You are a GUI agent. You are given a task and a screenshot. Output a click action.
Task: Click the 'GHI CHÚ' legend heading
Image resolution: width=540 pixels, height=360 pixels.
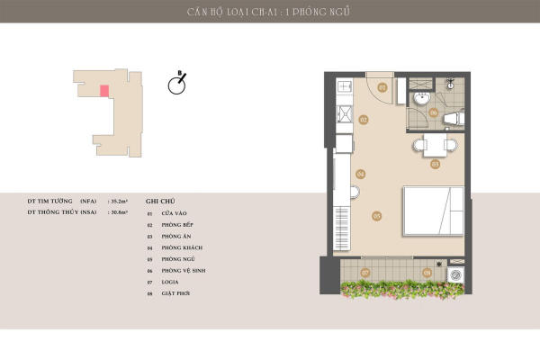coord(158,202)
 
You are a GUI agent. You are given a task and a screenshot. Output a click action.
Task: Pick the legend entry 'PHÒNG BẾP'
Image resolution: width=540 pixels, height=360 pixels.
coord(175,224)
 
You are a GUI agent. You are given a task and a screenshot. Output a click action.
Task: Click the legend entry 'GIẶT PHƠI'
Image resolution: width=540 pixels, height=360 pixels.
coord(175,293)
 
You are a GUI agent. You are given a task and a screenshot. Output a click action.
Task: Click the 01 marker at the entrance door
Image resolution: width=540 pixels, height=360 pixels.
coord(382,87)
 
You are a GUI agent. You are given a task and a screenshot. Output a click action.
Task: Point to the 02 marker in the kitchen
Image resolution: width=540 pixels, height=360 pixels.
coord(364,120)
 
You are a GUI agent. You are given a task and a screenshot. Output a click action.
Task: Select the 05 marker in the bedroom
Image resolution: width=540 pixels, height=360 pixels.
coord(377,215)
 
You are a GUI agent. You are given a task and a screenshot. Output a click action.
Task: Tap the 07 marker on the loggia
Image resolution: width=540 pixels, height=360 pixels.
coord(365,272)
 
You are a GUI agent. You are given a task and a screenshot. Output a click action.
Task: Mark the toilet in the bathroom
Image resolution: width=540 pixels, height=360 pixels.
coord(454,118)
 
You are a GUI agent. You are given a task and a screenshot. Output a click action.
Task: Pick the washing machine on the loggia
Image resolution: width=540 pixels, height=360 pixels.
coord(456,273)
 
